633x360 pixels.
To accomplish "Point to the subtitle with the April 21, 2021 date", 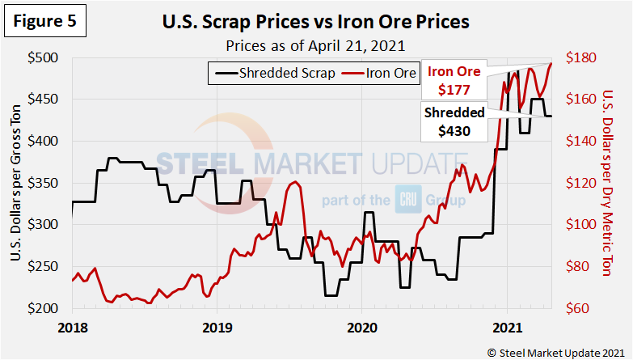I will tap(316, 45).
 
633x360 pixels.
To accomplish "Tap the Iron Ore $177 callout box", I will tap(454, 79).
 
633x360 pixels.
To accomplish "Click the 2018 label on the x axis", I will tap(72, 328).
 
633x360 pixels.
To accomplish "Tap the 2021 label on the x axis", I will tap(507, 328).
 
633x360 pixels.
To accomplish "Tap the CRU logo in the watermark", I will tap(407, 199).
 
